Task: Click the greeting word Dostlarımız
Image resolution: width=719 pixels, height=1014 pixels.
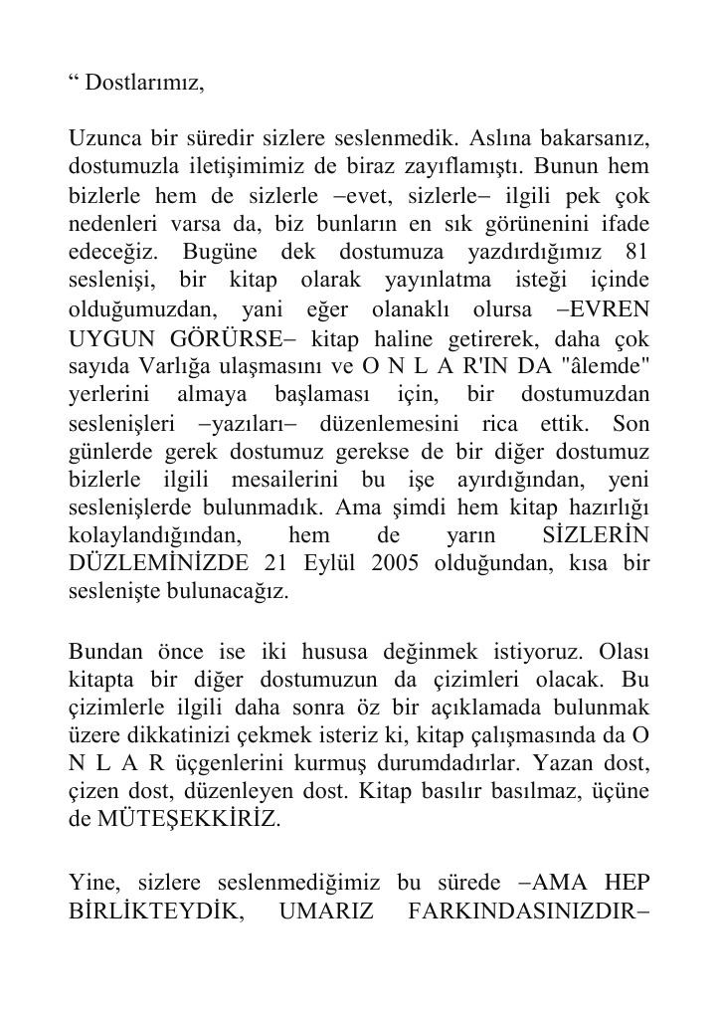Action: (x=143, y=83)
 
